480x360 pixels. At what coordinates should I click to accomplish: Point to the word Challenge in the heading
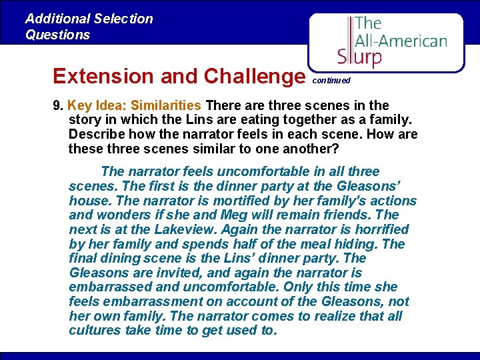(x=254, y=76)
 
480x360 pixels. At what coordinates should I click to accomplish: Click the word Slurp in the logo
(x=359, y=56)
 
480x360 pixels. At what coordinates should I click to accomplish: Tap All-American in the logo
(x=401, y=41)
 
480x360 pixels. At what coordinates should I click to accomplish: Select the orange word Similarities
(x=166, y=105)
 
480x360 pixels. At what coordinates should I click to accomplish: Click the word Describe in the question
(x=97, y=135)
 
